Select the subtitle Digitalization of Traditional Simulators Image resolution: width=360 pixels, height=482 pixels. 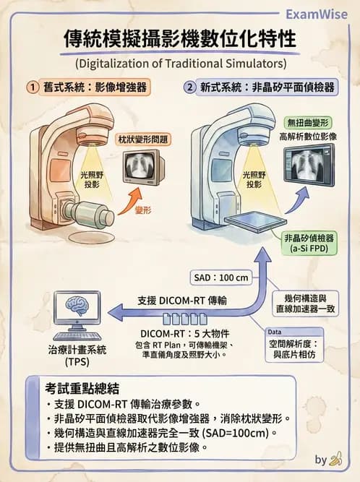point(179,61)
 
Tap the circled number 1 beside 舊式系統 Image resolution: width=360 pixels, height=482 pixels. point(33,87)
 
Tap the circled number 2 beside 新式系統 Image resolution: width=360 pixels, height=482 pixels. point(190,87)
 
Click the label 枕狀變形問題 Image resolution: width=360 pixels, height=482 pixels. point(142,138)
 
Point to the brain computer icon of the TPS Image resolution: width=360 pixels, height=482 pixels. point(77,317)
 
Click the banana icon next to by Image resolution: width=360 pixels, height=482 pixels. point(336,460)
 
